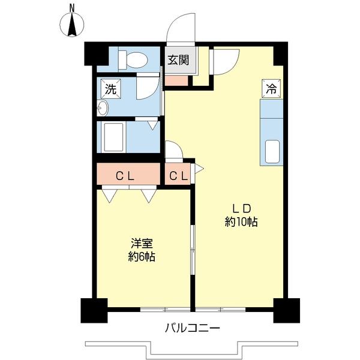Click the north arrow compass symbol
72,25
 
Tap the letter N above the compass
72,8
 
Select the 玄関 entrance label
178,60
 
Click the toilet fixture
133,59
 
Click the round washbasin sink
103,109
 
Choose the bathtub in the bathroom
115,137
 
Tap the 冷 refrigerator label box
271,89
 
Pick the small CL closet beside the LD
178,176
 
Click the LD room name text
241,209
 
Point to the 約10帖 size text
241,223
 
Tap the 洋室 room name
142,244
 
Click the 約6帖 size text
142,257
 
